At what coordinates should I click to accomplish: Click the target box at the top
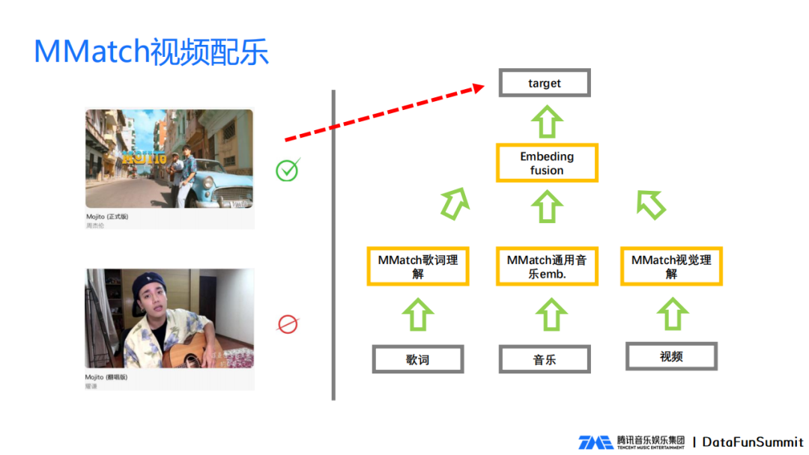point(545,83)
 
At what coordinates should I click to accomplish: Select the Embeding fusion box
point(547,163)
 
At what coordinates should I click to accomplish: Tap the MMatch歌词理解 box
point(418,266)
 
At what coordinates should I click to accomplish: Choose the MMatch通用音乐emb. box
point(547,266)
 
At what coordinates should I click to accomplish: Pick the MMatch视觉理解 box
point(671,266)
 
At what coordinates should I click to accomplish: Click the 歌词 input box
point(418,359)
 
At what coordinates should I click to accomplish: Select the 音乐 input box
point(545,359)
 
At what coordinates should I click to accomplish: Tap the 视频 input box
point(671,356)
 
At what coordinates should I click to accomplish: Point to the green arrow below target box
point(548,121)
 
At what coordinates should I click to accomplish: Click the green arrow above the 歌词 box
point(418,315)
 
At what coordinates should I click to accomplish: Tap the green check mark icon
point(287,170)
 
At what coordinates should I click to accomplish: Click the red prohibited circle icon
point(288,324)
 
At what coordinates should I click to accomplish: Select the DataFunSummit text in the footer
point(753,442)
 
